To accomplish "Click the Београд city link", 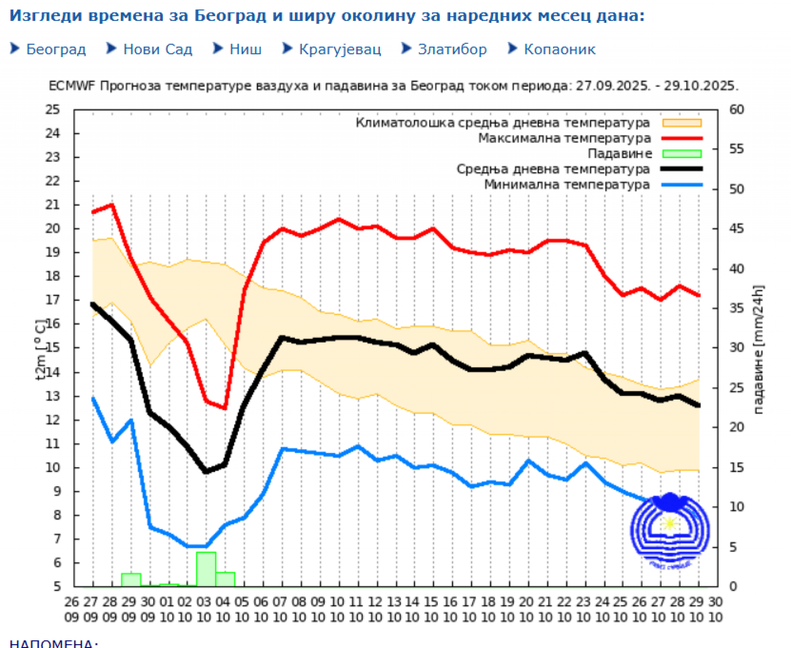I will [56, 49].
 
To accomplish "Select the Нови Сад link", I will [157, 49].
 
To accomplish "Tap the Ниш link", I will [245, 49].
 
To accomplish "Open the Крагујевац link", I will [339, 49].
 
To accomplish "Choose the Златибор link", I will [452, 49].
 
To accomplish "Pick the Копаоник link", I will [559, 49].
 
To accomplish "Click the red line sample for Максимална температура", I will [682, 138].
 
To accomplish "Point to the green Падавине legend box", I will [682, 154].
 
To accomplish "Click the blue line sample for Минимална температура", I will [682, 185].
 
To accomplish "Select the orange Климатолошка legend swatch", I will [682, 123].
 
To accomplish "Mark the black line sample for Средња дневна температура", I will [682, 169].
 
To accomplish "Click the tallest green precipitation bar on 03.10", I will [206, 569].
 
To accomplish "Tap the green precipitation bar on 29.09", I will [131, 579].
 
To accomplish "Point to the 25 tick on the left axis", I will [53, 110].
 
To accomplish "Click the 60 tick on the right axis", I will [737, 110].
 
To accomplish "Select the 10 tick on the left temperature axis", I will [53, 468].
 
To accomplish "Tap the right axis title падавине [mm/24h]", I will [759, 350].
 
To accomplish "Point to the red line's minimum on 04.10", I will [225, 408].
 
